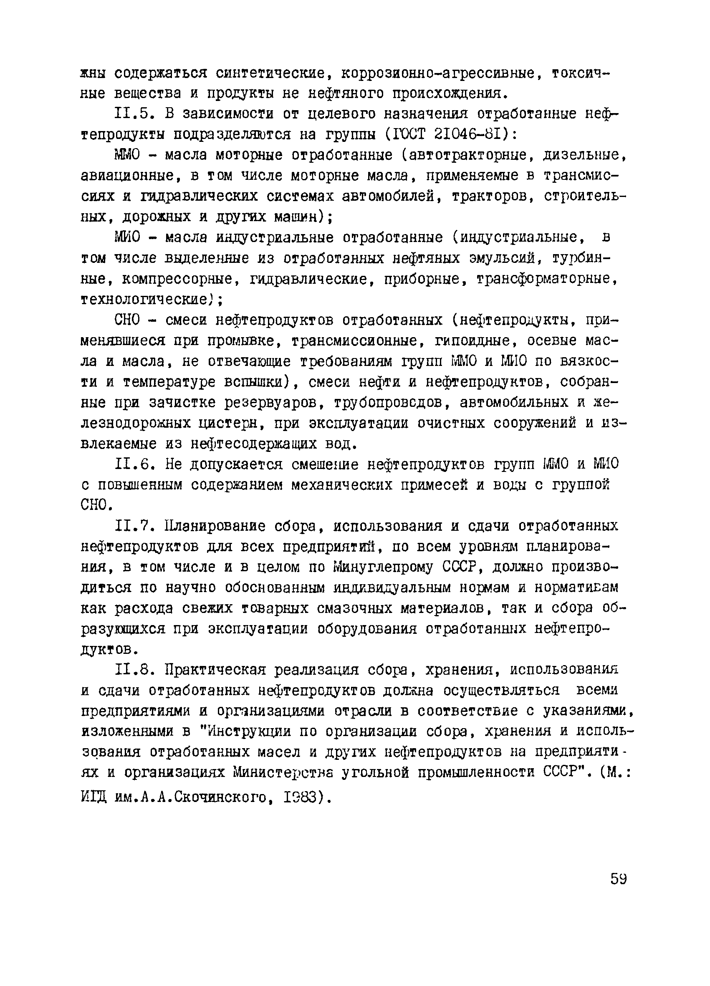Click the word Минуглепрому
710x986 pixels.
point(383,567)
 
